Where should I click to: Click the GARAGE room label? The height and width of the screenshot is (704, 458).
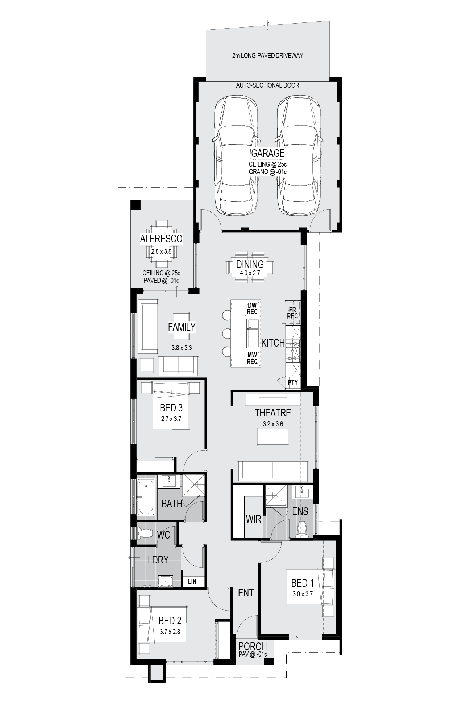pos(268,153)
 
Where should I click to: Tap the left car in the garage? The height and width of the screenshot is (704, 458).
pos(237,156)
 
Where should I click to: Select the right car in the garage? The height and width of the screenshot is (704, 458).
pos(299,156)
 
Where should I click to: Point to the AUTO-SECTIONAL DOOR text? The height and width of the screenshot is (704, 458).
pos(267,85)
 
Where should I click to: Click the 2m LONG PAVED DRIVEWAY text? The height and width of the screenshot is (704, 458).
pos(267,55)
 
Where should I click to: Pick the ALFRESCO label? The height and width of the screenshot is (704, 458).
pos(161,239)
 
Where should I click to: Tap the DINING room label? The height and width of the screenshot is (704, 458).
pos(250,264)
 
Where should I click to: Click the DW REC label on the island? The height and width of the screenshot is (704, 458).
pos(252,309)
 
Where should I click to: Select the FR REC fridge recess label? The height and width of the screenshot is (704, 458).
pos(292,313)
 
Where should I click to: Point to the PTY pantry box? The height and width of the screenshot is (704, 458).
pos(293,382)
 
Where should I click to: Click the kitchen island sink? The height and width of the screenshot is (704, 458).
pos(253,333)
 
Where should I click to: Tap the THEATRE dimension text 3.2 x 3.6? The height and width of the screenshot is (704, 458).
pos(273,424)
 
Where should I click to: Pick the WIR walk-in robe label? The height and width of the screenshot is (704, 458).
pos(253,519)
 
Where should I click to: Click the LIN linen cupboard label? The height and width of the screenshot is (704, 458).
pos(192,582)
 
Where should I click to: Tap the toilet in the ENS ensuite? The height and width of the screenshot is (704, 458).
pos(302,529)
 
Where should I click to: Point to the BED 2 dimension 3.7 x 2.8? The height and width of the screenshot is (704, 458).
pos(170,632)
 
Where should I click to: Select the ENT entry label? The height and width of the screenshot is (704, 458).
pos(246,593)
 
